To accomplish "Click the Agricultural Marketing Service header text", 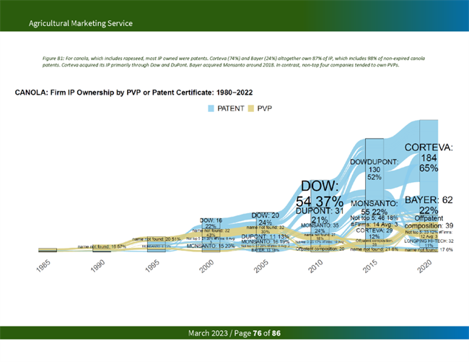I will coord(81,23).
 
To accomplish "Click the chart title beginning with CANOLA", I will coord(133,92).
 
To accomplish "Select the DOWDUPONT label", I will coord(374,161).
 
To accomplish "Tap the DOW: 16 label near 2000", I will coord(211,220).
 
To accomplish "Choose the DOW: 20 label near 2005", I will coord(265,215).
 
